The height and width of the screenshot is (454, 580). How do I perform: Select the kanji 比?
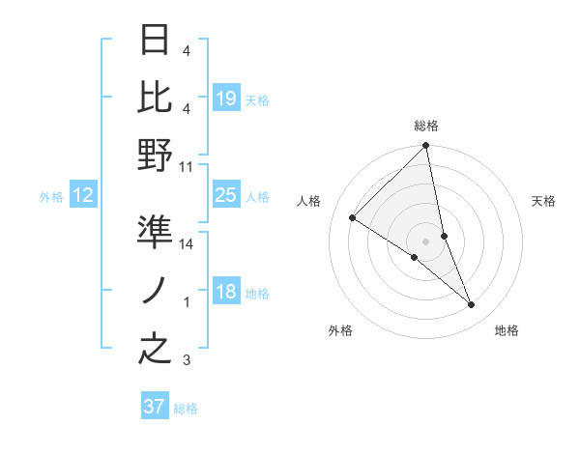click(155, 97)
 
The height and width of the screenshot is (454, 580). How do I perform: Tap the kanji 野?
click(155, 155)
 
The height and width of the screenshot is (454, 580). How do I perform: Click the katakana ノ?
click(155, 290)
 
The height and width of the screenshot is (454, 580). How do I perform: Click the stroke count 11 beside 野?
click(187, 167)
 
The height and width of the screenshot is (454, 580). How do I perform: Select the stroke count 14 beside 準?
click(187, 244)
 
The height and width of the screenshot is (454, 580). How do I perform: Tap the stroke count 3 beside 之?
click(187, 361)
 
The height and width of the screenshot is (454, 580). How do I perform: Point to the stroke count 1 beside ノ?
click(187, 302)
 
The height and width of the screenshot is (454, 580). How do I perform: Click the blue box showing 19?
click(225, 98)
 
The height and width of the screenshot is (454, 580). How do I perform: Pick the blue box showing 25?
click(225, 195)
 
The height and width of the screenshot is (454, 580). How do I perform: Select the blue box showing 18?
click(225, 292)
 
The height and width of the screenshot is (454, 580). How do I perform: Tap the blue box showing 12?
click(83, 196)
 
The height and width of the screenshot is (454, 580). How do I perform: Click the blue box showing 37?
click(155, 407)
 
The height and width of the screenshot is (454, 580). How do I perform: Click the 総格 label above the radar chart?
click(426, 126)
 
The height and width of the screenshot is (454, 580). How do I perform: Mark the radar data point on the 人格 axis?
click(352, 218)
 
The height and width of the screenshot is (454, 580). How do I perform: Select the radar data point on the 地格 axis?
click(472, 304)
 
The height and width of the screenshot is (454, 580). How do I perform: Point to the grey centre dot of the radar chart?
click(426, 241)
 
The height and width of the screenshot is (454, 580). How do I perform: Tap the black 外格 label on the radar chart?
click(340, 330)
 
